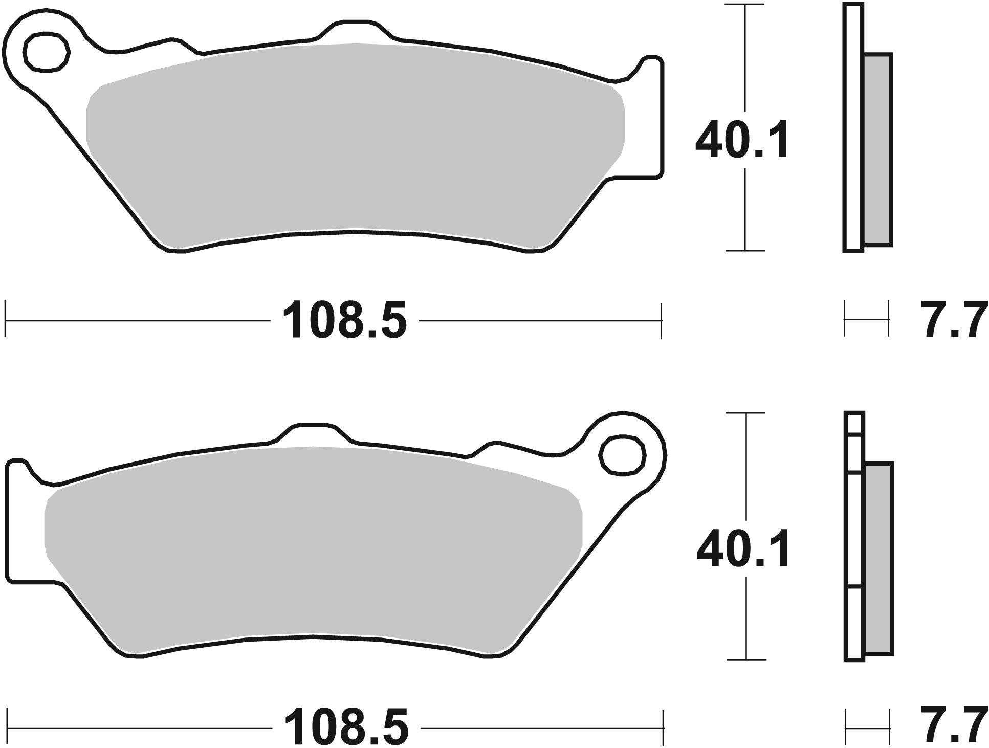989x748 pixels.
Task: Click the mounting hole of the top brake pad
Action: (x=46, y=52)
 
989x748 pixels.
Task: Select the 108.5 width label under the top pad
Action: (x=344, y=321)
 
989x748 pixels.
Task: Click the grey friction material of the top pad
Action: (x=353, y=143)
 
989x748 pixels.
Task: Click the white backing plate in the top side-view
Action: (x=853, y=128)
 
